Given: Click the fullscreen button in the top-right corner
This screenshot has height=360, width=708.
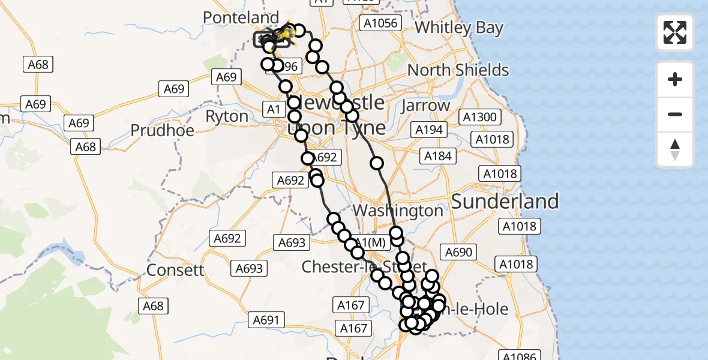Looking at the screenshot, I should [x=675, y=32].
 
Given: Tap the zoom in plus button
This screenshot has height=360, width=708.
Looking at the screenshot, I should [x=675, y=80].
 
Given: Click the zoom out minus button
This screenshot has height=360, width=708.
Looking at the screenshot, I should [x=675, y=114].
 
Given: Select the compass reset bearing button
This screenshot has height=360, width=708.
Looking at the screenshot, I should [x=675, y=149].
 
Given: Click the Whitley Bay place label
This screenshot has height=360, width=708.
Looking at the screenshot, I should [x=459, y=28].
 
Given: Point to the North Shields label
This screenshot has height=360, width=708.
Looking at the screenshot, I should [x=458, y=70].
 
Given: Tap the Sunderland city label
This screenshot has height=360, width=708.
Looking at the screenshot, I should [x=505, y=201].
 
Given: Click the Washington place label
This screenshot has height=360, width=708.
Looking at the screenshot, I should [x=398, y=211].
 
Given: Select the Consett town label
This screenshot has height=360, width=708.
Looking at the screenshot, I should [x=176, y=270].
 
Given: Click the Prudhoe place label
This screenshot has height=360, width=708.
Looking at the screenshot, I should [x=162, y=130].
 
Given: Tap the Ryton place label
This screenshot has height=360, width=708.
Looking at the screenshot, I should [x=227, y=116].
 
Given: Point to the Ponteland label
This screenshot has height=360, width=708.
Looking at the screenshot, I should [x=241, y=18].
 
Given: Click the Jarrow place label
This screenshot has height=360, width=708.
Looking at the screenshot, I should [x=425, y=106].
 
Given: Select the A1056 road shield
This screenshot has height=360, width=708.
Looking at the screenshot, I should [x=379, y=23].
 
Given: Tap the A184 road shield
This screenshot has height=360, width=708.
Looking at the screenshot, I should [x=437, y=156].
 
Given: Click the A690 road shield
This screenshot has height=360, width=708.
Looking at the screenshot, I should [x=458, y=253].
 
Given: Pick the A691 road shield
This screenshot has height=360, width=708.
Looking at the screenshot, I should [x=266, y=320].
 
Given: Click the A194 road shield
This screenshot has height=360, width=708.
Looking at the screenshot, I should [x=428, y=130].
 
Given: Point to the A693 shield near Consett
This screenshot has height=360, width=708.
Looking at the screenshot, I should [x=249, y=268].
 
